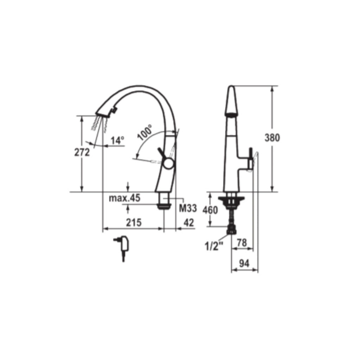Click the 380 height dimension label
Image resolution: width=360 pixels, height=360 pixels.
pos(272,138)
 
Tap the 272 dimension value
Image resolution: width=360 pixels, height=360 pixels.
pos(82,152)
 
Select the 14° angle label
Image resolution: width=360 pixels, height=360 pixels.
pos(117,141)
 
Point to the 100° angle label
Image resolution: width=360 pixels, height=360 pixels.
pos(145,133)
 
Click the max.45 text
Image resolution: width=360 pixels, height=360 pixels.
pos(124,198)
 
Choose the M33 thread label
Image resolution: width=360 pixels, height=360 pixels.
pos(188,208)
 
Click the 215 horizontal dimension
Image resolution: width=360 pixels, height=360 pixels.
pos(134,223)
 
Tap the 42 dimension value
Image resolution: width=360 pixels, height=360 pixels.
pos(189,223)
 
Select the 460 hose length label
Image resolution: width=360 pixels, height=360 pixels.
pos(210,210)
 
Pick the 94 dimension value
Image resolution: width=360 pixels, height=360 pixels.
pos(244,264)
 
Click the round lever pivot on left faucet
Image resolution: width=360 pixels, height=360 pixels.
pos(168,163)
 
